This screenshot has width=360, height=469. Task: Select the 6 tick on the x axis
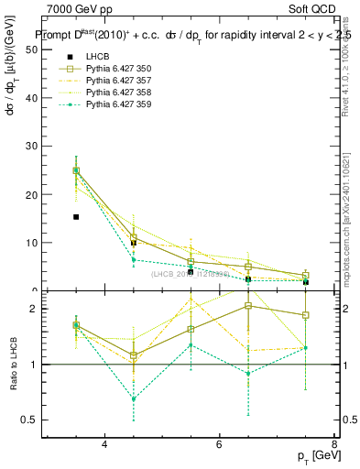tap(219, 444)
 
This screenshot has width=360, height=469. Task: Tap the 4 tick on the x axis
tap(104, 444)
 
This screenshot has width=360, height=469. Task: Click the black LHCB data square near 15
tap(76, 217)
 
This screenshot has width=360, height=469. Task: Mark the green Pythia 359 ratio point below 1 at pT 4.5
tap(134, 398)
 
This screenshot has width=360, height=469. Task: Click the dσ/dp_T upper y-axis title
tap(12, 92)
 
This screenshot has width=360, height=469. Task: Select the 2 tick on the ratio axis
tap(36, 310)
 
